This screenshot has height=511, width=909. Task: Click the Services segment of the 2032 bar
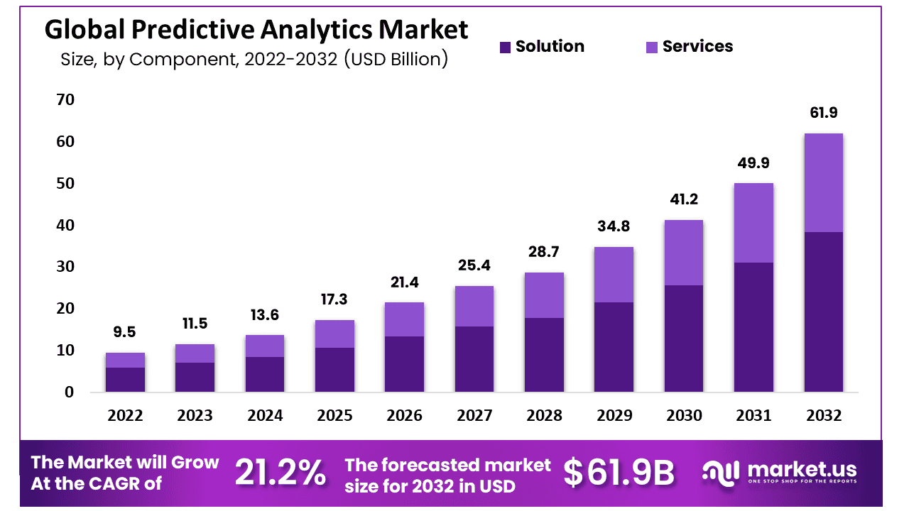823,182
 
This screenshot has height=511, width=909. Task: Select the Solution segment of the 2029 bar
614,347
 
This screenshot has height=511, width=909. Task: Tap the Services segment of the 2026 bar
404,319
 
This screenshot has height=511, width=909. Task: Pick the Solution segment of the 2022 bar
125,380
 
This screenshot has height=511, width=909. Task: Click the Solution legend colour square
505,48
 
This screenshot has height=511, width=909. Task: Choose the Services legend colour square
652,48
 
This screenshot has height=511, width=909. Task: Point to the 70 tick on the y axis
65,100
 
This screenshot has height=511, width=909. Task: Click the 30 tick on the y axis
65,267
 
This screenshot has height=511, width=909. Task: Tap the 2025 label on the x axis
334,416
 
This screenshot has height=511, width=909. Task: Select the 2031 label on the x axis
753,416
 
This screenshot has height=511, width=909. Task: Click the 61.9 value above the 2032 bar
823,113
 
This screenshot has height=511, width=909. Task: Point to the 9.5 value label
125,332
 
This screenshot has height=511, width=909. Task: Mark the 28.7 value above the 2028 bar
544,252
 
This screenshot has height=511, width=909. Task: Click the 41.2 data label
684,199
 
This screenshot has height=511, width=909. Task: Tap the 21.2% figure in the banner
281,473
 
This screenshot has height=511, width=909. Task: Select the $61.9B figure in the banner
619,473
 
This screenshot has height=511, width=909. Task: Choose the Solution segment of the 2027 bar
474,359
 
